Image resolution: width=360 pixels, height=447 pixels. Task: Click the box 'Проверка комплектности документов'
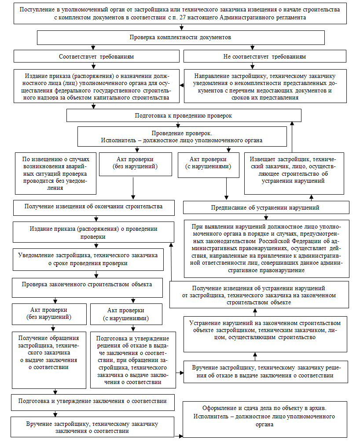point(180,38)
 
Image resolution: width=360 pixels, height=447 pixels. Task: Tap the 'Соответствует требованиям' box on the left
point(96,57)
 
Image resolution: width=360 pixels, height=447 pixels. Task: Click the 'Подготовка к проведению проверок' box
point(184,116)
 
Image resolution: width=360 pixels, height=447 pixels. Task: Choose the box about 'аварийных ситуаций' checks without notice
point(55,173)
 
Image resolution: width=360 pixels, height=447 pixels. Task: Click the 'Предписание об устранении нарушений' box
point(266,207)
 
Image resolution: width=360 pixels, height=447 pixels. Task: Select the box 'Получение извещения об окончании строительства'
point(94,206)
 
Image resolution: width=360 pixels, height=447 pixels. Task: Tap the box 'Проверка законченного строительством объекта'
point(87,284)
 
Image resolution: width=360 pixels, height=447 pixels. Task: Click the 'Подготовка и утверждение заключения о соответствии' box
point(93,401)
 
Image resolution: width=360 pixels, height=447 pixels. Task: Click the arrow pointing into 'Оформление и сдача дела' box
point(180,436)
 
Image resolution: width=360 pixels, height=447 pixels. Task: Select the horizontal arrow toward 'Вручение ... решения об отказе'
point(181,373)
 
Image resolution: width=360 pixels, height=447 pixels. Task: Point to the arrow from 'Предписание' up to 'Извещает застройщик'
point(311,197)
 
